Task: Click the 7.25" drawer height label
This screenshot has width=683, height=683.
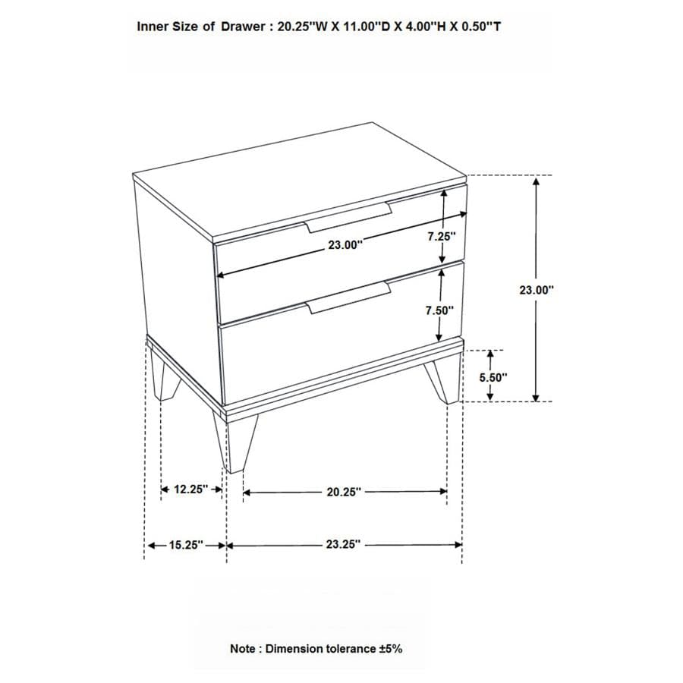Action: [x=441, y=236]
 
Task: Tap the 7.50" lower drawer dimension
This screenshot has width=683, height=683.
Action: [x=439, y=310]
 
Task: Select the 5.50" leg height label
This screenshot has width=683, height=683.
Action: [x=493, y=376]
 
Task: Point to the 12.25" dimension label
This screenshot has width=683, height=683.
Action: [x=190, y=489]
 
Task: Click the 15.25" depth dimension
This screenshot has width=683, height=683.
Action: [x=185, y=545]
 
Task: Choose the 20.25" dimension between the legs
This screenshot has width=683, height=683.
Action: [x=343, y=492]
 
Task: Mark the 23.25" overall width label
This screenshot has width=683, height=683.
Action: [x=343, y=545]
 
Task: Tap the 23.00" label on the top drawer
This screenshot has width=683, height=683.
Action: [x=346, y=244]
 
